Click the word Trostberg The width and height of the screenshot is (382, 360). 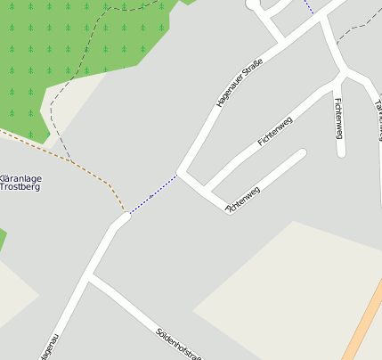pyautogui.click(x=20, y=187)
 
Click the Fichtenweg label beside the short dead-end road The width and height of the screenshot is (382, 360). pyautogui.click(x=243, y=200)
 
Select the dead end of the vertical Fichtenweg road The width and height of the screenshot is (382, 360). pyautogui.click(x=341, y=152)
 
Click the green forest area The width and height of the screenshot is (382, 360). pyautogui.click(x=80, y=40)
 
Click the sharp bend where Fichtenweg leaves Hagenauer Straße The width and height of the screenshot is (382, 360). pyautogui.click(x=181, y=171)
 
